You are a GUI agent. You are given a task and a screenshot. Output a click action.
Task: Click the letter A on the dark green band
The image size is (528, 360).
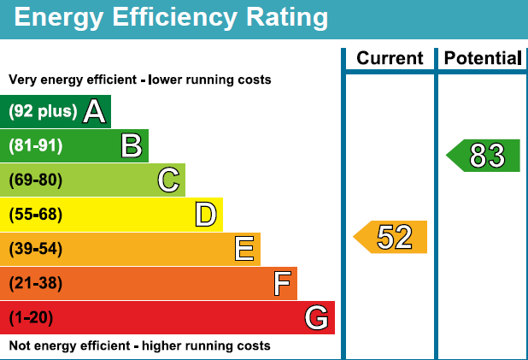click(x=94, y=111)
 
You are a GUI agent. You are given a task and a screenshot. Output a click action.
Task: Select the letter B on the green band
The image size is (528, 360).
click(x=131, y=145)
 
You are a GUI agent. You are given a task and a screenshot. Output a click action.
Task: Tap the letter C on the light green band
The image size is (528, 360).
click(x=168, y=180)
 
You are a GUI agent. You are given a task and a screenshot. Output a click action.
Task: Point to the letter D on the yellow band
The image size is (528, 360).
click(x=205, y=215)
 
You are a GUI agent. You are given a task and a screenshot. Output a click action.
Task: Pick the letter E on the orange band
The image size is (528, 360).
click(x=243, y=249)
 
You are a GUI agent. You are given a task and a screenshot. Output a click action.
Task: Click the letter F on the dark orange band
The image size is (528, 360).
click(x=282, y=283)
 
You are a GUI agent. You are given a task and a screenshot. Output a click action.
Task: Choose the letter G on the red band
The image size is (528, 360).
click(x=316, y=318)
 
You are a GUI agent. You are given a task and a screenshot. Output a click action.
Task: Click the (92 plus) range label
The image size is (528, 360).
click(x=43, y=111)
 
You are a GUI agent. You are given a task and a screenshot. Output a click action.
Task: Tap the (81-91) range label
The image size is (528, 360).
click(x=36, y=145)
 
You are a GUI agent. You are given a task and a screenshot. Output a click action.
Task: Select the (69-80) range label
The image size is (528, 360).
click(x=36, y=180)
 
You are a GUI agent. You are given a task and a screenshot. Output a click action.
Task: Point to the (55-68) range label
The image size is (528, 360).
click(x=36, y=215)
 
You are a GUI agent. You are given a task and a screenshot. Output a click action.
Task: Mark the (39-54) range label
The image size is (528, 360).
click(x=36, y=249)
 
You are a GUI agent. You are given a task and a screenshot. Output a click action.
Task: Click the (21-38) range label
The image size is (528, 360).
click(x=36, y=283)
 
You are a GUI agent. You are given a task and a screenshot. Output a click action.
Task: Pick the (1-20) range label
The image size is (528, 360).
click(x=31, y=318)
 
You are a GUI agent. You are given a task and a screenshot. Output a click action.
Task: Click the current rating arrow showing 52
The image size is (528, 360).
click(x=391, y=237)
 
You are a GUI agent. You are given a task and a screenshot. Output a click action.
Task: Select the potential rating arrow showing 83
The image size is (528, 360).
click(x=484, y=156)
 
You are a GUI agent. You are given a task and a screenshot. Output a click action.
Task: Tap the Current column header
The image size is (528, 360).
click(x=390, y=58)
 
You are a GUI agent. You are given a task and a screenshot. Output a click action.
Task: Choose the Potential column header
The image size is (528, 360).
click(x=481, y=58)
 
